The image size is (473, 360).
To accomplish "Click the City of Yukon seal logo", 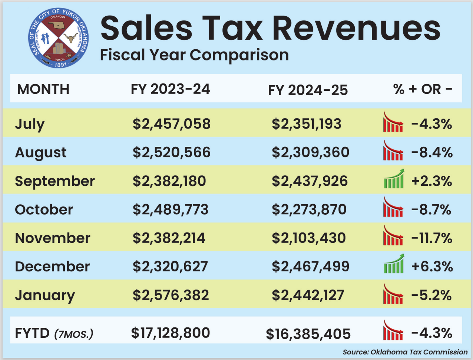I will (59, 38).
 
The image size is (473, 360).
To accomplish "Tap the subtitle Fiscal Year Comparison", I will (194, 55).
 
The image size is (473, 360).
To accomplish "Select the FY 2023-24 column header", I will (170, 89).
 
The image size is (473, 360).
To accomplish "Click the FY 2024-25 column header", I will (308, 90).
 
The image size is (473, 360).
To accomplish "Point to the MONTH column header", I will (43, 89).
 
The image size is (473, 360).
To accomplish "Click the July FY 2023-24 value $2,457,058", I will (172, 124).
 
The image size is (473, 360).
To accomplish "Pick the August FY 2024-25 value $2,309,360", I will (310, 152).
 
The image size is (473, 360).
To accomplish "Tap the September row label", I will (55, 181).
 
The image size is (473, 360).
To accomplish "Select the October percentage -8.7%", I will (431, 210).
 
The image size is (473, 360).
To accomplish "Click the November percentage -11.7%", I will (432, 238).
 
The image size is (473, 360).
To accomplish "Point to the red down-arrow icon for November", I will (393, 236).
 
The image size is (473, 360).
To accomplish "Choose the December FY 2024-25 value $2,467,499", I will (310, 267).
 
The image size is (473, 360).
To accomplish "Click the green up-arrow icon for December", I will (394, 264).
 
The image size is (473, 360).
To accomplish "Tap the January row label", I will (45, 295).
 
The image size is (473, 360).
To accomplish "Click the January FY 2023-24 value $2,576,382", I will (171, 295).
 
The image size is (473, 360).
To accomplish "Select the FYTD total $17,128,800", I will (171, 333).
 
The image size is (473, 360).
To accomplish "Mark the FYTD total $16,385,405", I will (308, 334).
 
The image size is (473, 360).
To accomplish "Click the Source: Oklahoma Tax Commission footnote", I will (405, 352).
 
